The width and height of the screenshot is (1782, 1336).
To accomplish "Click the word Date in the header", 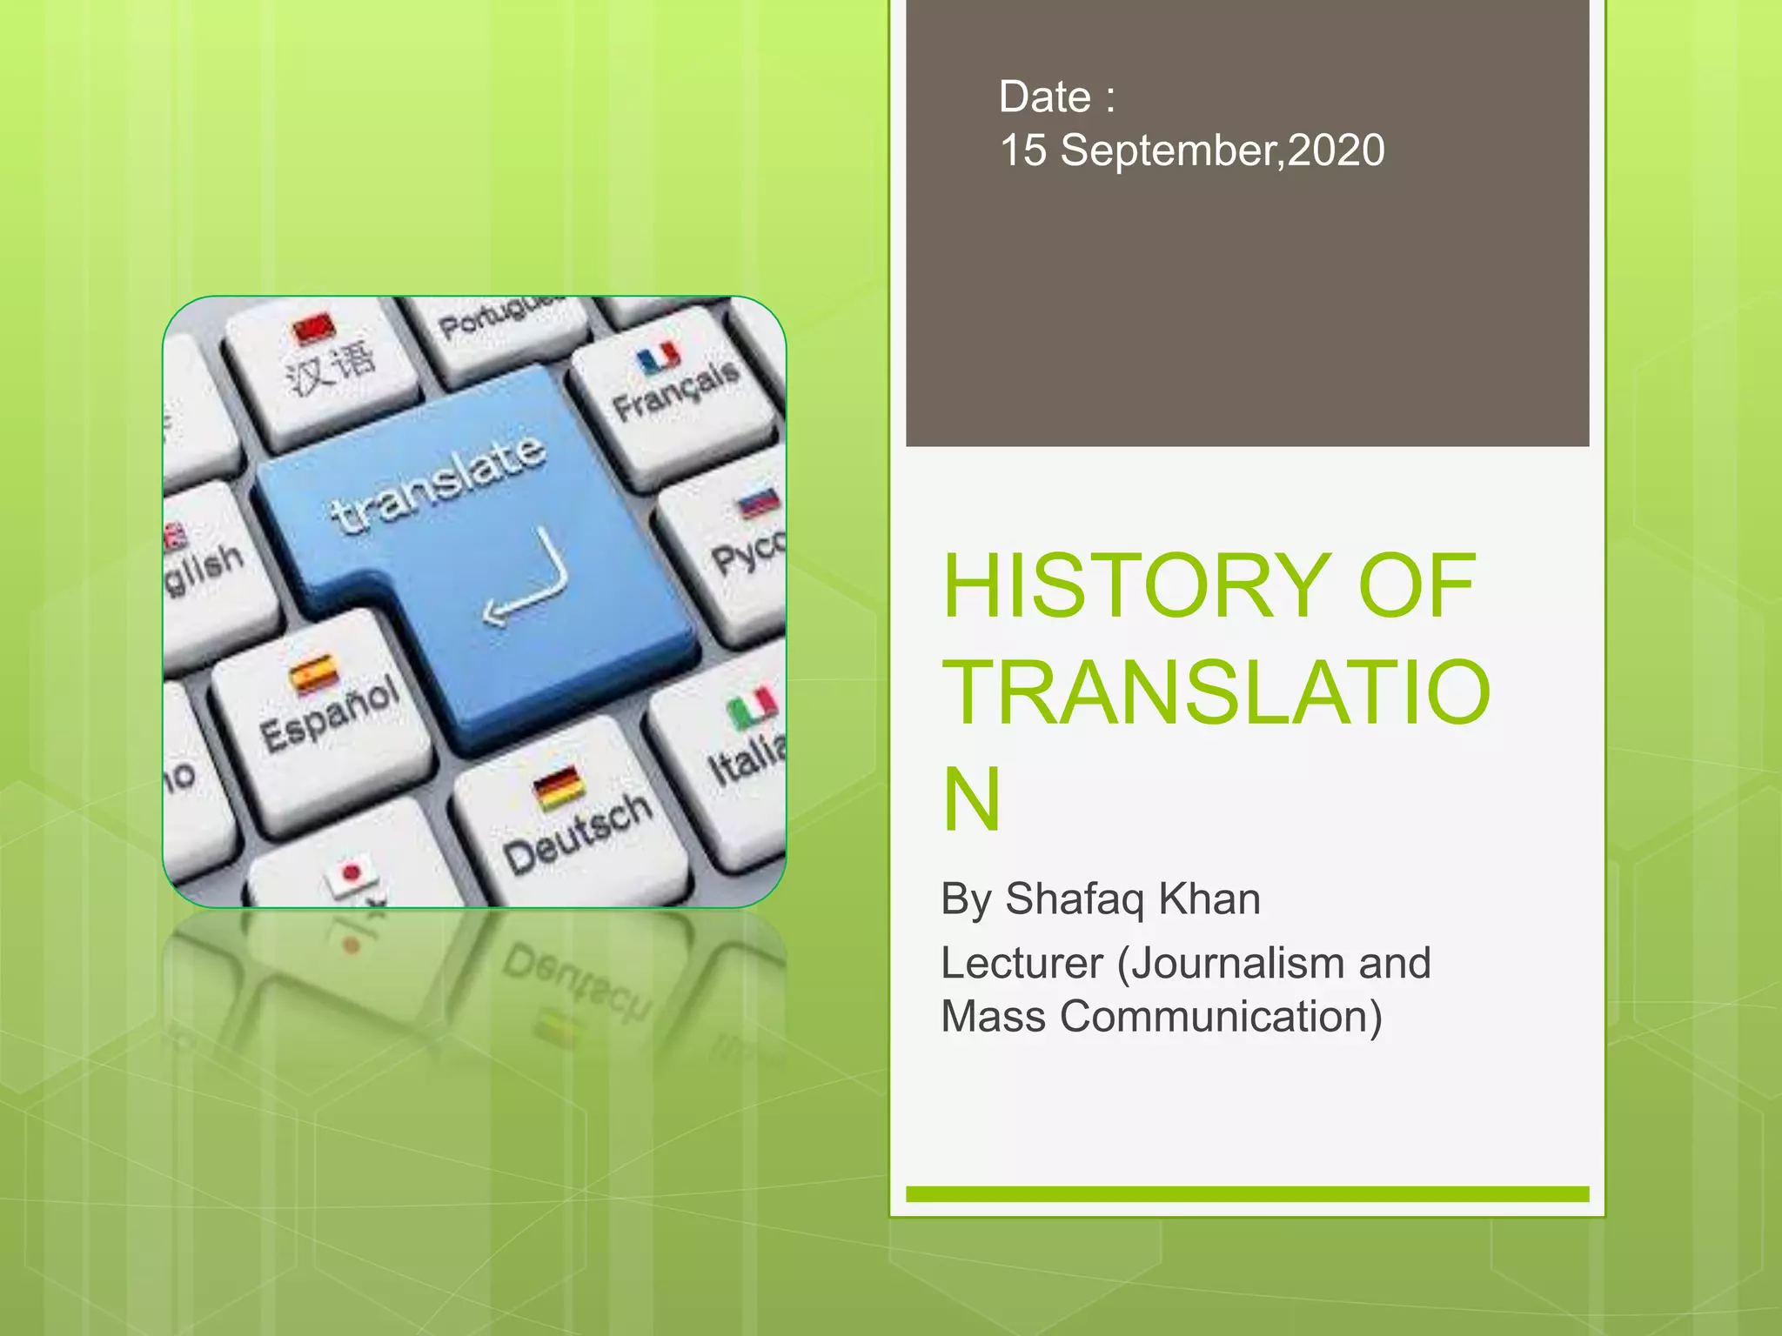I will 1044,97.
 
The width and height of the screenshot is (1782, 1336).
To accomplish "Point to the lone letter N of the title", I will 972,799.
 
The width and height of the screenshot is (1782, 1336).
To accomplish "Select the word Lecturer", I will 1022,964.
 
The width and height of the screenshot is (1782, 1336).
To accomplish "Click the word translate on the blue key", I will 439,482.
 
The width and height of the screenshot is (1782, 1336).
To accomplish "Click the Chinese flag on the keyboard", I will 313,328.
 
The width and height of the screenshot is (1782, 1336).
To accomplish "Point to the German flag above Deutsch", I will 558,788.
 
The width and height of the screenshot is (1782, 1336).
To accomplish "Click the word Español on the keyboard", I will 331,713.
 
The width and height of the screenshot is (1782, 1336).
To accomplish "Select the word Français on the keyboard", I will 676,391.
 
